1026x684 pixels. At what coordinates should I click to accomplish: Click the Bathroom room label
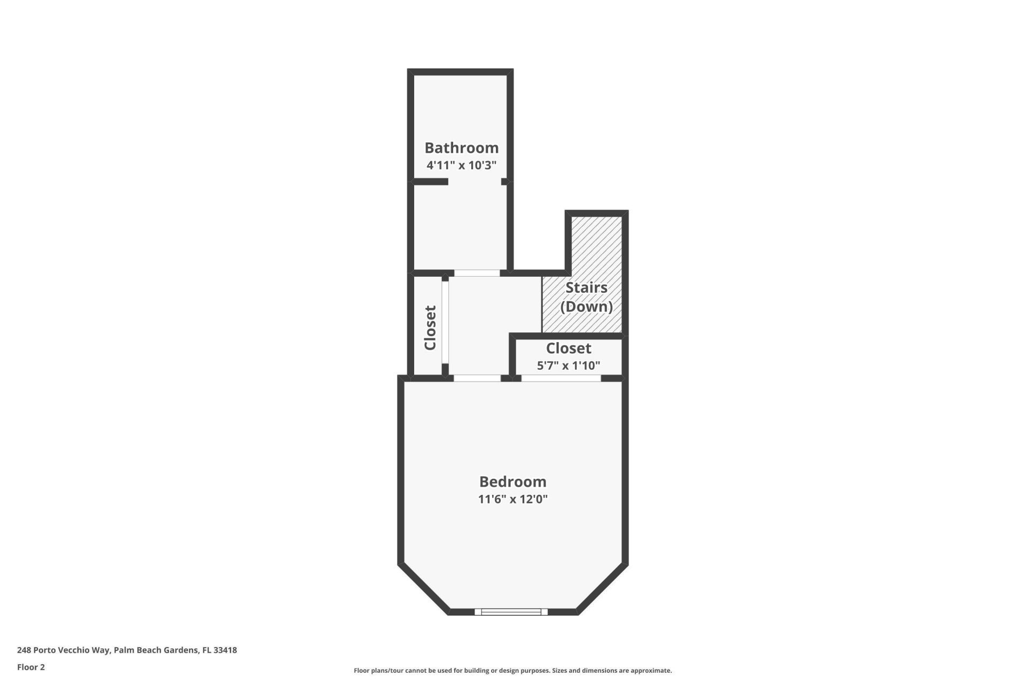click(461, 148)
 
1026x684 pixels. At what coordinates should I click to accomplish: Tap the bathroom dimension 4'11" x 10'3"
click(461, 165)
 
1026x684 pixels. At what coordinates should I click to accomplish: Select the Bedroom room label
click(512, 482)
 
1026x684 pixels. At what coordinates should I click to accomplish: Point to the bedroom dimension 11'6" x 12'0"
click(512, 500)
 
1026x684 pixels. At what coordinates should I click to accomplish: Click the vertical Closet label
click(430, 328)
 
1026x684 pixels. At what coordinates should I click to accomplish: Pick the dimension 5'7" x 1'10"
click(568, 366)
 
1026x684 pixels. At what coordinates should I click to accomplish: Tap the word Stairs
click(586, 287)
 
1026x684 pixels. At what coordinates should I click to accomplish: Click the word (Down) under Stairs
click(586, 307)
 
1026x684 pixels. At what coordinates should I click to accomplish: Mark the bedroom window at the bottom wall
click(511, 612)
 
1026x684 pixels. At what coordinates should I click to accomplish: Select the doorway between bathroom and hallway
click(477, 273)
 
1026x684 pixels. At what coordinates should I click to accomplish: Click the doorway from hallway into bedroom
click(477, 378)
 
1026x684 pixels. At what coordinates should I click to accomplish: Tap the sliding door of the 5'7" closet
click(561, 378)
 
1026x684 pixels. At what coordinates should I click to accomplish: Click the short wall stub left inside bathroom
click(431, 182)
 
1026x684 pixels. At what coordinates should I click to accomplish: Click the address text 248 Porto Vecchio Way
click(64, 650)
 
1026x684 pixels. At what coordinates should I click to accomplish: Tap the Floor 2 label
click(31, 667)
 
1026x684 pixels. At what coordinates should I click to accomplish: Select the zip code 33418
click(225, 650)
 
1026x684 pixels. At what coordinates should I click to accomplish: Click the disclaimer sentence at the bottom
click(512, 671)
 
